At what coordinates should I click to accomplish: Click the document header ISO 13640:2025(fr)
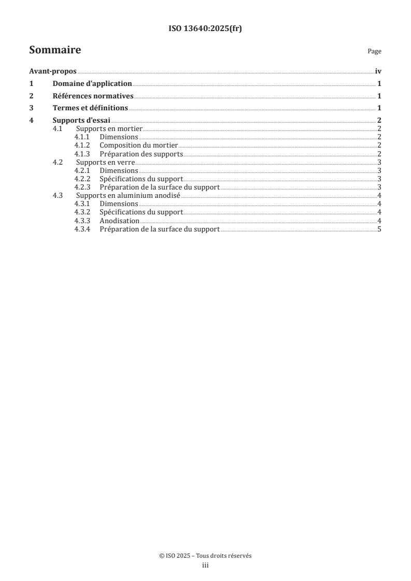pyautogui.click(x=205, y=29)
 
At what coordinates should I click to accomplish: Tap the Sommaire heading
pyautogui.click(x=55, y=51)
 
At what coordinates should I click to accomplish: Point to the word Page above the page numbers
pyautogui.click(x=374, y=52)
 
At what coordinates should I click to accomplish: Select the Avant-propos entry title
pyautogui.click(x=53, y=71)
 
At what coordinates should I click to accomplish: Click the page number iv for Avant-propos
pyautogui.click(x=378, y=71)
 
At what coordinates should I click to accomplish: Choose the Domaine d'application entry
pyautogui.click(x=92, y=84)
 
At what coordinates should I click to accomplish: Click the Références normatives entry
pyautogui.click(x=93, y=96)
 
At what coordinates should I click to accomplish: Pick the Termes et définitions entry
pyautogui.click(x=90, y=108)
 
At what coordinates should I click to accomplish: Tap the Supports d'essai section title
pyautogui.click(x=81, y=121)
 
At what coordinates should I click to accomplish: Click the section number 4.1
pyautogui.click(x=58, y=128)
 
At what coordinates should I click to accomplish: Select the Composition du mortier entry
pyautogui.click(x=139, y=146)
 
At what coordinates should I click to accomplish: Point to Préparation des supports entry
pyautogui.click(x=141, y=154)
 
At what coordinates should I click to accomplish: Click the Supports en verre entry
pyautogui.click(x=105, y=162)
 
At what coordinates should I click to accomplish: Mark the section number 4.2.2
pyautogui.click(x=82, y=179)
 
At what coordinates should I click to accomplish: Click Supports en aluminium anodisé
pyautogui.click(x=128, y=196)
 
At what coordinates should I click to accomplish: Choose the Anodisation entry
pyautogui.click(x=119, y=221)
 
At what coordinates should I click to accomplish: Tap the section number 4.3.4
pyautogui.click(x=82, y=229)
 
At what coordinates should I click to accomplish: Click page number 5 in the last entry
pyautogui.click(x=379, y=229)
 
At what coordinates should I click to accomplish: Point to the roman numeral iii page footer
pyautogui.click(x=205, y=566)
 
